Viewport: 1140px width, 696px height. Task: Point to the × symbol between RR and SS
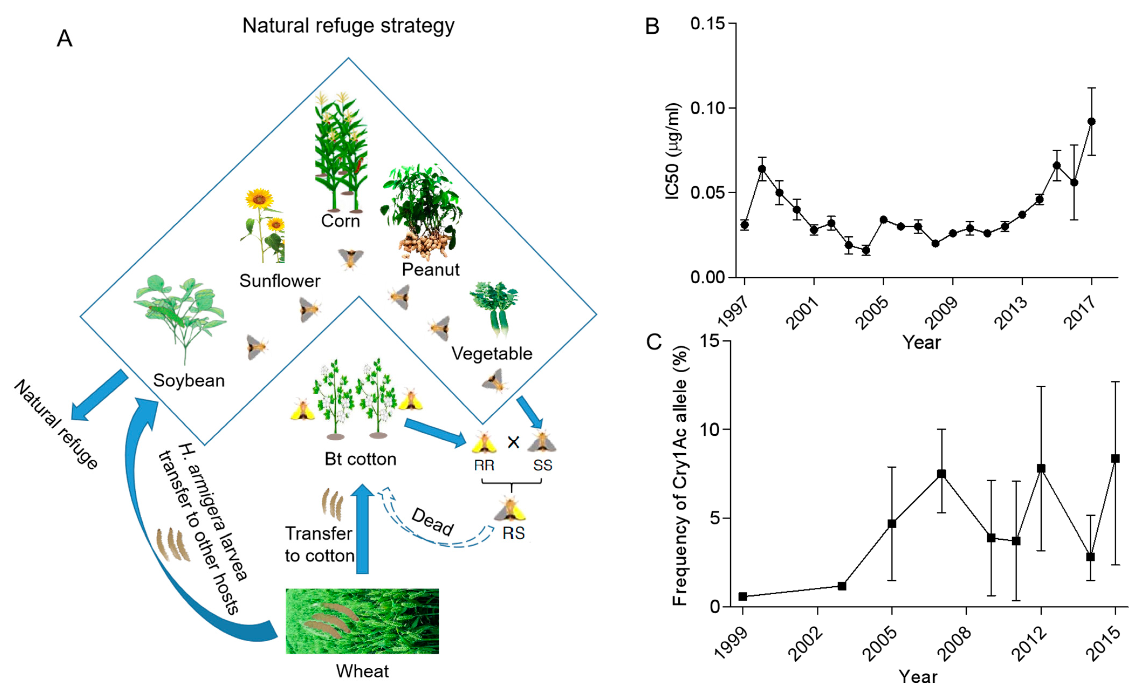click(513, 443)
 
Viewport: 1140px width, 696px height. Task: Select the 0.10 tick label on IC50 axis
click(708, 108)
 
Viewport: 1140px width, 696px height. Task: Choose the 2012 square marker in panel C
click(1041, 468)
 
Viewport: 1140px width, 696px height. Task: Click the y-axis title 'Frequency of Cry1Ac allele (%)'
click(680, 476)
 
